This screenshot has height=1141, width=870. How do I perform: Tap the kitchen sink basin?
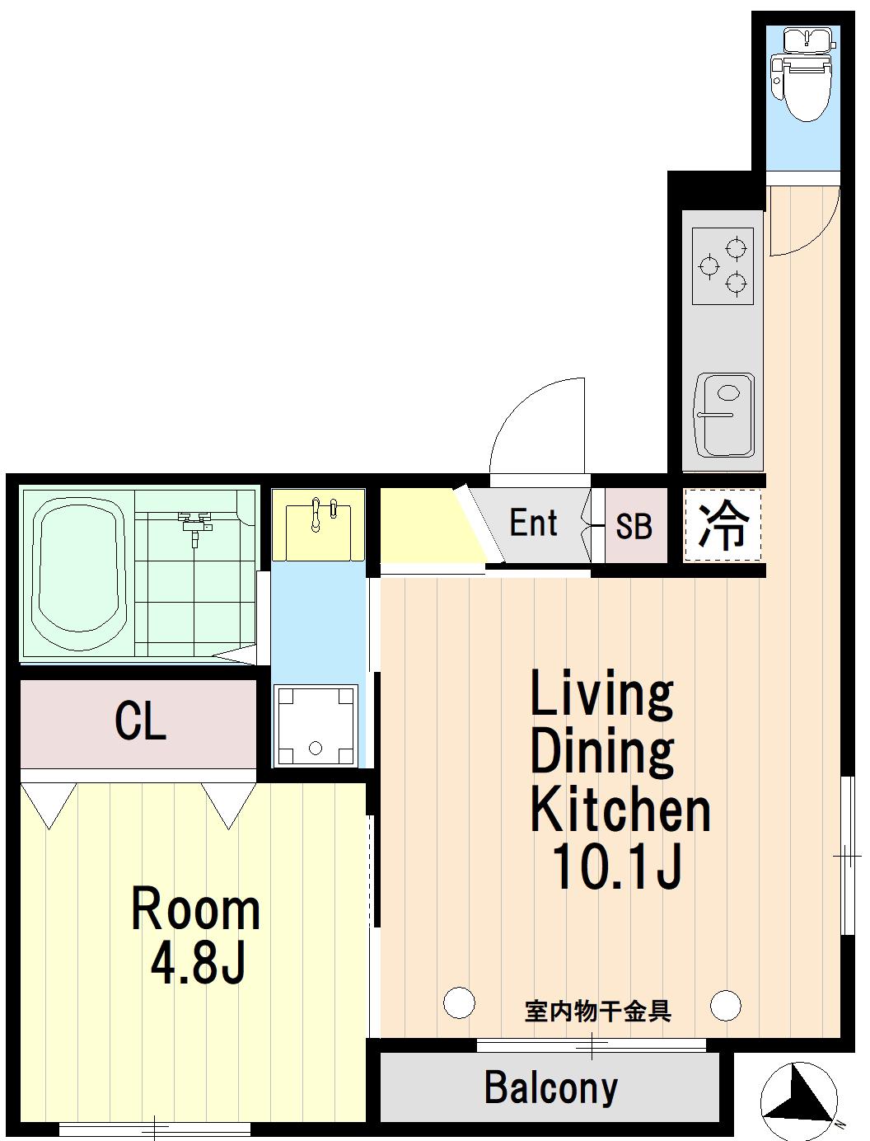click(x=724, y=415)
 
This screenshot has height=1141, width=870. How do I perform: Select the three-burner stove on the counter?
click(x=723, y=266)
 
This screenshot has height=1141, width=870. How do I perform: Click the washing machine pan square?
click(x=316, y=726)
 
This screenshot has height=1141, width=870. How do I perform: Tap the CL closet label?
click(x=140, y=721)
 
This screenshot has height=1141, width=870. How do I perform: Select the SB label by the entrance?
click(x=634, y=526)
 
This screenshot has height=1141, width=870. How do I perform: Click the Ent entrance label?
click(x=533, y=523)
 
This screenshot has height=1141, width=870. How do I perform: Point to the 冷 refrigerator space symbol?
click(x=723, y=525)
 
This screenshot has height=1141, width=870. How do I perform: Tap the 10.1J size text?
click(x=616, y=866)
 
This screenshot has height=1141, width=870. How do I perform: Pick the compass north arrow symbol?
click(x=799, y=1093)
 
